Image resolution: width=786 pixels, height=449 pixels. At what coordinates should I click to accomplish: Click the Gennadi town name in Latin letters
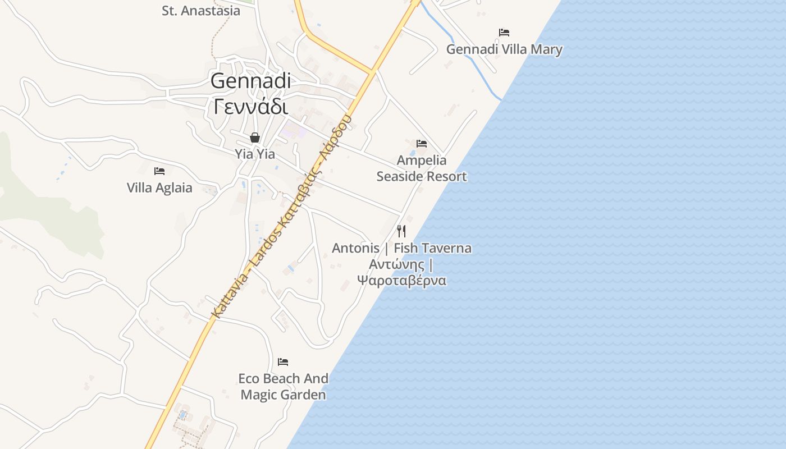tap(251, 80)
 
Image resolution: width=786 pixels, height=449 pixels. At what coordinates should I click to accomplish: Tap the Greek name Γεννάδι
tap(251, 106)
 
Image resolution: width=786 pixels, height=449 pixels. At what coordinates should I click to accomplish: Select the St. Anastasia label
tap(200, 11)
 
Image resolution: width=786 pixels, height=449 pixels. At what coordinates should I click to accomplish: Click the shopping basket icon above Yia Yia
tap(255, 138)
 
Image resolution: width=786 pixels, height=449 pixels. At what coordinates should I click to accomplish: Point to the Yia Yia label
tap(255, 154)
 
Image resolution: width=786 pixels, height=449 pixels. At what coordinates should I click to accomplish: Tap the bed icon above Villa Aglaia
tap(159, 171)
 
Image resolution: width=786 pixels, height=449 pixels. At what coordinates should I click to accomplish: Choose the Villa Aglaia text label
tap(159, 188)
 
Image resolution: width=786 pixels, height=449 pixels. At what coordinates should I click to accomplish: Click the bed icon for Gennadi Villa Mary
tap(504, 33)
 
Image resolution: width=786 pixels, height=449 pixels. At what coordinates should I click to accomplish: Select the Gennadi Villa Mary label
tap(504, 49)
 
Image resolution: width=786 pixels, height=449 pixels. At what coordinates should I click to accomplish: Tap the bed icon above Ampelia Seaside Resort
tap(422, 144)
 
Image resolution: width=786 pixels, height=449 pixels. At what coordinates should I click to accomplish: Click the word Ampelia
tap(422, 161)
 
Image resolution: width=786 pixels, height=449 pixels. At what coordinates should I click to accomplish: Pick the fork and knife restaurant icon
tap(401, 231)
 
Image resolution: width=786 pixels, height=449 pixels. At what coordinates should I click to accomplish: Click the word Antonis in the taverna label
tap(355, 248)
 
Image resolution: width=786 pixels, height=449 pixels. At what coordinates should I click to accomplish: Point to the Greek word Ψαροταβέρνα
tap(402, 280)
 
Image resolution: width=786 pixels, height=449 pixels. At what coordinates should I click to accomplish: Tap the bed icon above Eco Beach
tap(283, 362)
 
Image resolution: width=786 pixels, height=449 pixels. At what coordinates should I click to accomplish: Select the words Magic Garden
tap(283, 395)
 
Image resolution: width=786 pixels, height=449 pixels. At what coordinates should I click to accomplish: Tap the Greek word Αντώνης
tap(396, 264)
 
